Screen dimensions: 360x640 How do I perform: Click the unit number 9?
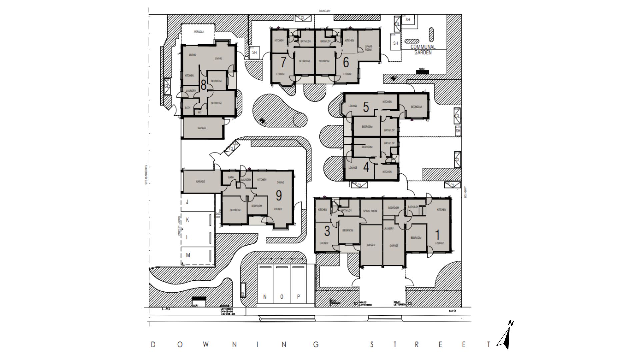(x=279, y=195)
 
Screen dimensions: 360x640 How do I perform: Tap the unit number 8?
(x=203, y=85)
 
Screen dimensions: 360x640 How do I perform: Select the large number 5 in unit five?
(x=366, y=107)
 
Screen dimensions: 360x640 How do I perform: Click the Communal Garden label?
(x=423, y=50)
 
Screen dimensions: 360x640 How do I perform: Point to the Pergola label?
(x=199, y=32)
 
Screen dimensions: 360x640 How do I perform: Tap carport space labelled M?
(x=188, y=255)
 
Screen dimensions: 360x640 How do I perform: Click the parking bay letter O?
(x=282, y=297)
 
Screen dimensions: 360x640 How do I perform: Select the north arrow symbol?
(x=506, y=337)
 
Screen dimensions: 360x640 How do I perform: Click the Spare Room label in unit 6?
(x=368, y=48)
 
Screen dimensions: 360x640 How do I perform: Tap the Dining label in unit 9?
(x=280, y=182)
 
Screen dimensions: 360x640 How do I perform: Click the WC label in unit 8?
(x=200, y=112)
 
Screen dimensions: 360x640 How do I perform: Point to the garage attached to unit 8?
(x=202, y=128)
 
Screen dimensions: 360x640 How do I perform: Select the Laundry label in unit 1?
(x=389, y=229)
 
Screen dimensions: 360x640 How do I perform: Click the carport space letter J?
(x=187, y=202)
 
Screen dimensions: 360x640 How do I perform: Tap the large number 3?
(x=327, y=231)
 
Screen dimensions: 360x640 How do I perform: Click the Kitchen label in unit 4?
(x=387, y=172)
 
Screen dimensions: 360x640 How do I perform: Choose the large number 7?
(x=283, y=62)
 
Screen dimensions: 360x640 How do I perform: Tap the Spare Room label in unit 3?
(x=370, y=211)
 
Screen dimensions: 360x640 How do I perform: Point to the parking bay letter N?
(x=265, y=297)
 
